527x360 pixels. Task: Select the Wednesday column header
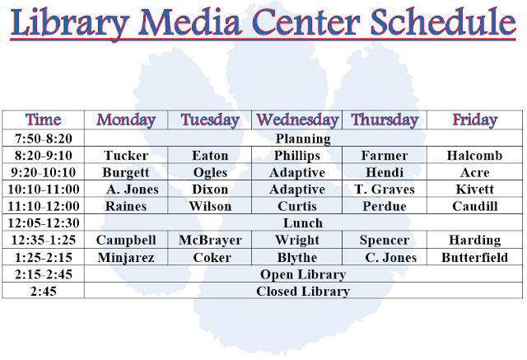coord(301,119)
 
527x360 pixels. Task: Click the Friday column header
coord(474,119)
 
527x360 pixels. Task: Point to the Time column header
coord(43,119)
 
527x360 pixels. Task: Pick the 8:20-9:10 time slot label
coord(43,156)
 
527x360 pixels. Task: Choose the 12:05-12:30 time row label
coord(43,223)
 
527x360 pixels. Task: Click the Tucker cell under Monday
coord(126,156)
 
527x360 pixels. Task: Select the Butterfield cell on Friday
coord(475,258)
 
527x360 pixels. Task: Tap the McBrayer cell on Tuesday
coord(210,241)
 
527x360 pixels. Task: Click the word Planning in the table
coord(302,138)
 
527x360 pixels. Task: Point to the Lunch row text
coord(302,223)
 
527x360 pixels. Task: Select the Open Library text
coord(302,274)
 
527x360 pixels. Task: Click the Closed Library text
coord(302,292)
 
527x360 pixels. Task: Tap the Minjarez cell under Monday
coord(126,258)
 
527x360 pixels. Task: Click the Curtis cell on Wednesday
coord(297,207)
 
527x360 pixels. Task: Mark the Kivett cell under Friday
coord(474,189)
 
